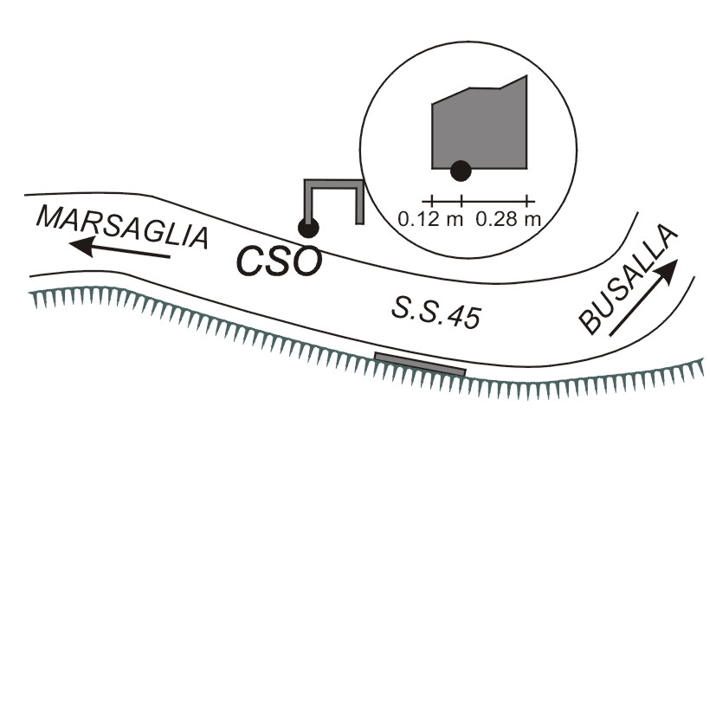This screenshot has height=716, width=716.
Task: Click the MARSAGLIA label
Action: click(x=122, y=227)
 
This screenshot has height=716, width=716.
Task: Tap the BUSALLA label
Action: click(x=628, y=279)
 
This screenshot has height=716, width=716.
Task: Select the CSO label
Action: click(x=279, y=261)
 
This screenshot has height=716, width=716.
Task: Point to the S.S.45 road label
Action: click(x=436, y=313)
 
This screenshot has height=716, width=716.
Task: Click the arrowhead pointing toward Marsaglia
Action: click(x=82, y=246)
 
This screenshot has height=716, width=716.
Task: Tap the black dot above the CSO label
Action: click(x=308, y=228)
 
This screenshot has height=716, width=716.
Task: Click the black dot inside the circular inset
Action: click(x=461, y=171)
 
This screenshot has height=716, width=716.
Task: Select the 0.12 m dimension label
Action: click(x=430, y=220)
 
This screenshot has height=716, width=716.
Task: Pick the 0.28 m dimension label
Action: click(x=508, y=220)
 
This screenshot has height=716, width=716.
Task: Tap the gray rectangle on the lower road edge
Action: click(x=420, y=364)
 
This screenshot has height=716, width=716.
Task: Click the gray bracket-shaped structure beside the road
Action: click(x=334, y=184)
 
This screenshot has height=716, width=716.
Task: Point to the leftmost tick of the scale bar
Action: click(x=431, y=201)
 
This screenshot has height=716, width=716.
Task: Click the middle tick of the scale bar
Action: click(x=461, y=201)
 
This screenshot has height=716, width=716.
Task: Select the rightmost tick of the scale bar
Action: click(x=527, y=201)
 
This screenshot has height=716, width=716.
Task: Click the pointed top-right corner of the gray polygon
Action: click(x=527, y=76)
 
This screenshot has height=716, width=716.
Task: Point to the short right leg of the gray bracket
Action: click(x=360, y=204)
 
